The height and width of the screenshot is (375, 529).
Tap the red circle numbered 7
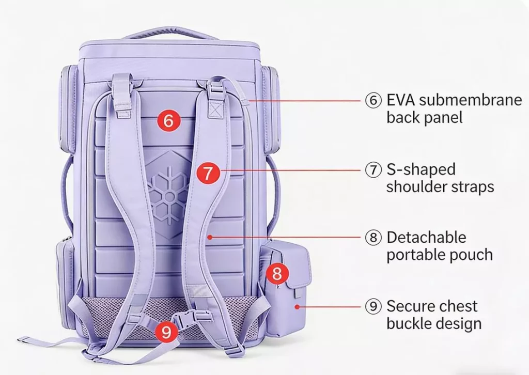click(x=207, y=173)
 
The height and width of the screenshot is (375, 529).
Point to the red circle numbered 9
click(x=166, y=332)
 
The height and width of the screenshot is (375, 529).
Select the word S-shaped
click(x=421, y=169)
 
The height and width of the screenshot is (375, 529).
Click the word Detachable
click(x=426, y=238)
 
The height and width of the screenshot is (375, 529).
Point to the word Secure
click(x=412, y=306)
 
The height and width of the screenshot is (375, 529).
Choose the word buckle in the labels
click(x=411, y=324)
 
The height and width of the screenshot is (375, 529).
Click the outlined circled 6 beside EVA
click(x=373, y=100)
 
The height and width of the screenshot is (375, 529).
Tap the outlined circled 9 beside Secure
click(x=373, y=307)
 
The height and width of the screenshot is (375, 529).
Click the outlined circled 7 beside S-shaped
click(x=373, y=170)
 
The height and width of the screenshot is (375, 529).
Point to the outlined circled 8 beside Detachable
click(x=373, y=238)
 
